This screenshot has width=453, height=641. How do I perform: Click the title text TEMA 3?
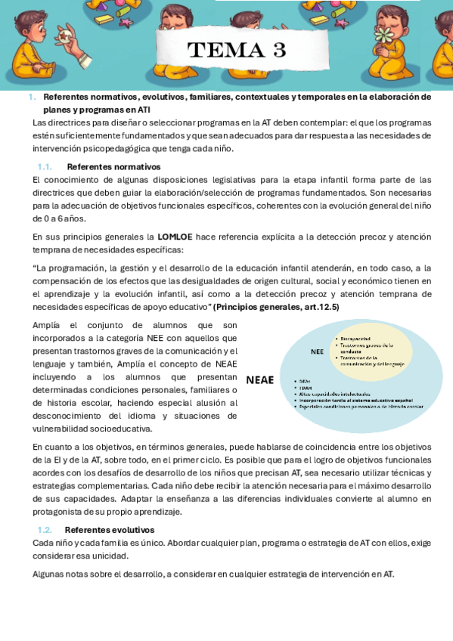tap(237, 50)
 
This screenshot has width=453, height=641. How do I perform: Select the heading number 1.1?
tap(45, 167)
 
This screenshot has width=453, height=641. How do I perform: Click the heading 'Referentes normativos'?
tap(113, 167)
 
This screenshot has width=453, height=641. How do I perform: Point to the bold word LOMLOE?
tap(175, 237)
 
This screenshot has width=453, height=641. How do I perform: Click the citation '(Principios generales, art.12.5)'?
tap(276, 307)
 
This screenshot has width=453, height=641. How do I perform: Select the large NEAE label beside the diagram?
tap(259, 380)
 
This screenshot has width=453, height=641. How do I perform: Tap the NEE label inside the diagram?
tap(317, 351)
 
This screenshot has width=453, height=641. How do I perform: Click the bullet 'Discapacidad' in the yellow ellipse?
tap(355, 339)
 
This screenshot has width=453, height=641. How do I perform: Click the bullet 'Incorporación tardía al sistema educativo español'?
tap(355, 400)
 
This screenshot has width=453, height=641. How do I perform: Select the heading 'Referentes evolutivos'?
tap(110, 530)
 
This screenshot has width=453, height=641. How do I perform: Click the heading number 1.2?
tap(45, 530)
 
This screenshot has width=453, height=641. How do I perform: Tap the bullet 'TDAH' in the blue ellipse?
tap(306, 388)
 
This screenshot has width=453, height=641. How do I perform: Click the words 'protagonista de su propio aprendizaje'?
tap(107, 512)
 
